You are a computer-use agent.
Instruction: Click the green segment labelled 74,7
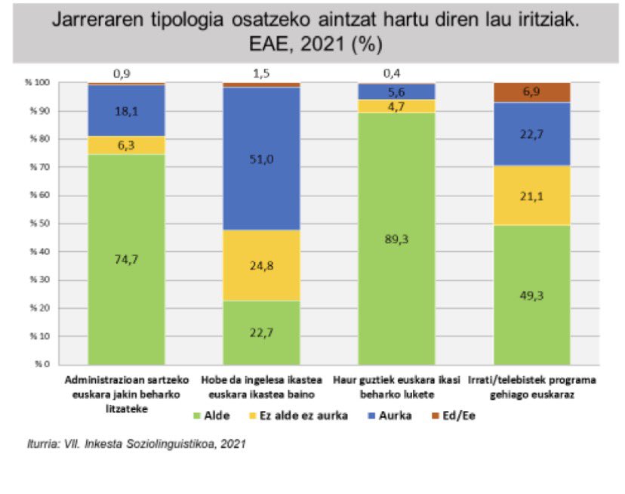[x=126, y=259]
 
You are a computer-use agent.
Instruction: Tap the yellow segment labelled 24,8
[x=261, y=265]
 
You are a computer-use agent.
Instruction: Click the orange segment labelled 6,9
[x=533, y=92]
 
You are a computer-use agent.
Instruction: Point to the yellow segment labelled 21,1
[x=533, y=194]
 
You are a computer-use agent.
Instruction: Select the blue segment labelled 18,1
[x=126, y=111]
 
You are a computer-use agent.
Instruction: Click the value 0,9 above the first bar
[x=122, y=74]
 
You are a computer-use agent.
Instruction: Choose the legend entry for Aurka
[x=390, y=415]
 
